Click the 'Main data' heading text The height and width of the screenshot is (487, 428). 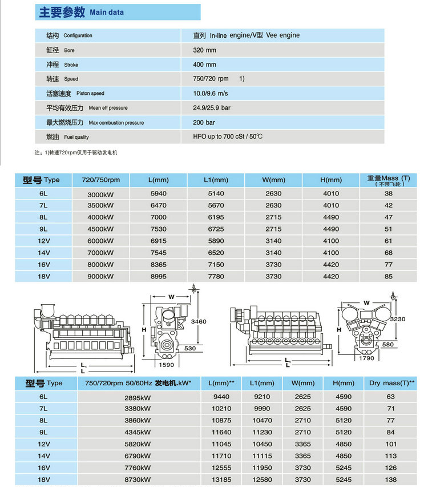(107, 12)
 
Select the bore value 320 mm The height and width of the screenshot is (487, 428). (205, 50)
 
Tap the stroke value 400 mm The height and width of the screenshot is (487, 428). (205, 65)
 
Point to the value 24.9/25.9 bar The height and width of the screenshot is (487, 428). (212, 107)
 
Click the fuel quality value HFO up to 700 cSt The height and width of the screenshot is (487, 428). (228, 137)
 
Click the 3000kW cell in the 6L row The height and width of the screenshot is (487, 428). (100, 194)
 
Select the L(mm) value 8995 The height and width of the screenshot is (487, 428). (158, 277)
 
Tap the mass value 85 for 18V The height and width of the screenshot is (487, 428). (389, 277)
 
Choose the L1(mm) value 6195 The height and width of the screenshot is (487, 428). (216, 217)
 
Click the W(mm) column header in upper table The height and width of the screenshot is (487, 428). (273, 180)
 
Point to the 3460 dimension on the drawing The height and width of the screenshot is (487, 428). (199, 322)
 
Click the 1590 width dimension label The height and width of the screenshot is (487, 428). (166, 365)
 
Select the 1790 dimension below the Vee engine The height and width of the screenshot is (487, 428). (366, 359)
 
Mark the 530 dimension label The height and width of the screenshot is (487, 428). (190, 348)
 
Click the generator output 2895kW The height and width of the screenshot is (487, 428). (138, 396)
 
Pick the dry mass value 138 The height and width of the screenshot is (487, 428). (391, 479)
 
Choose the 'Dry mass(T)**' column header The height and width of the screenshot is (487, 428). (392, 382)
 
